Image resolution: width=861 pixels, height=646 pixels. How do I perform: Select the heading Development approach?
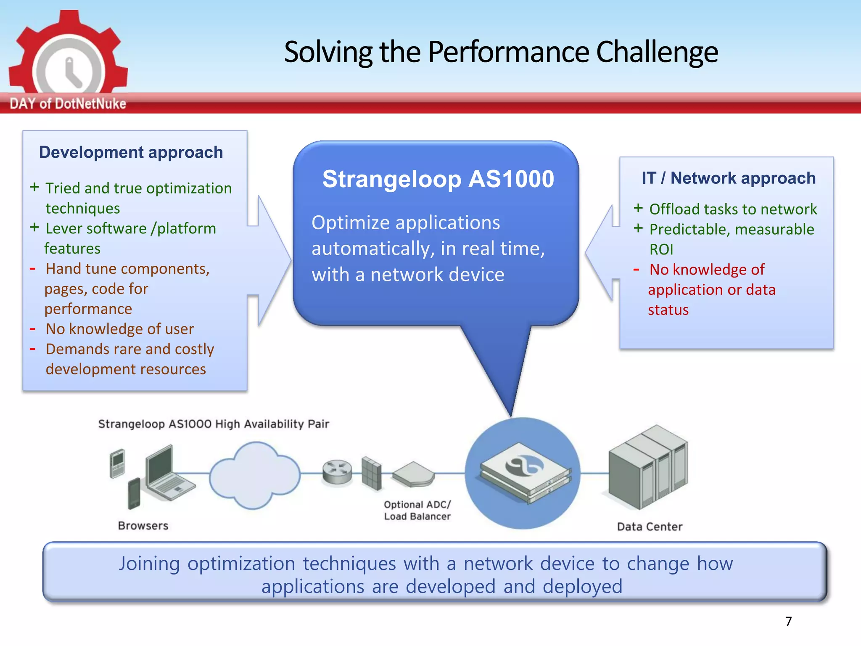click(x=131, y=152)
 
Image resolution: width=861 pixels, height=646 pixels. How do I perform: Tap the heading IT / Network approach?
click(x=728, y=178)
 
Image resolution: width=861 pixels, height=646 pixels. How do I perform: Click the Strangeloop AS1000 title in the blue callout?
click(x=438, y=179)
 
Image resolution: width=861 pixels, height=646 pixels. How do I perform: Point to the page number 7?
click(x=788, y=621)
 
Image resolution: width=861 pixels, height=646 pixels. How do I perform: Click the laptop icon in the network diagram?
click(x=168, y=473)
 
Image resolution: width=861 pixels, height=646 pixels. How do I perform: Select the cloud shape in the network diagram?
click(x=254, y=474)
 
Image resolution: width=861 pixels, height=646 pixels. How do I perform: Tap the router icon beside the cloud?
click(x=337, y=471)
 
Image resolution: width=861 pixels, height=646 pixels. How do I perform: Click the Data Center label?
click(x=650, y=527)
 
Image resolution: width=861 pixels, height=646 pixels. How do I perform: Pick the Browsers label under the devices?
click(x=143, y=526)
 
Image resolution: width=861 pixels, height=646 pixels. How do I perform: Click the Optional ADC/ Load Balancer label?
click(x=417, y=510)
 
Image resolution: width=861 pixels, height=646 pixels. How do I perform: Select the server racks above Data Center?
click(x=649, y=467)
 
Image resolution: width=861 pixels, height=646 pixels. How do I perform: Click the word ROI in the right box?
click(x=661, y=249)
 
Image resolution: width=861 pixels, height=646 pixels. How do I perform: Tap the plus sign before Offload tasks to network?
click(x=638, y=208)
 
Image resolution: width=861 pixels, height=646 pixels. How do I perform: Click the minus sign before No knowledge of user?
click(x=33, y=329)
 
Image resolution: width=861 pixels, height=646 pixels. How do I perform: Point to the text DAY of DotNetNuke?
click(x=68, y=103)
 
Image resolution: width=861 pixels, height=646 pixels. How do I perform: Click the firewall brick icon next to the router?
click(x=371, y=473)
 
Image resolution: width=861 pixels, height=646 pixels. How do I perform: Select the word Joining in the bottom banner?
click(x=149, y=564)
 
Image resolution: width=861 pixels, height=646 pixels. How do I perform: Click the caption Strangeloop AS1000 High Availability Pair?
click(x=214, y=424)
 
